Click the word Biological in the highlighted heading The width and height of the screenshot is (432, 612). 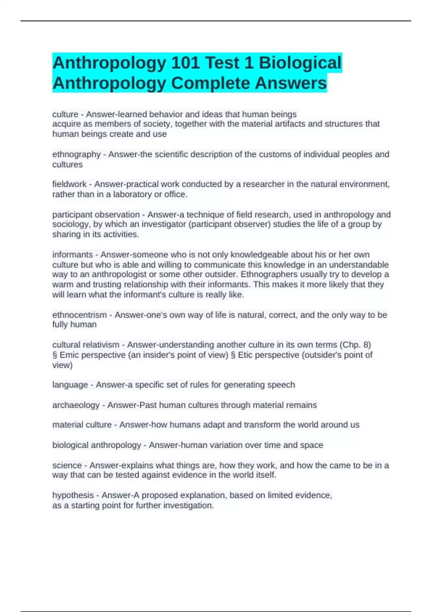(x=300, y=63)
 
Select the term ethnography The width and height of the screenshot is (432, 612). (x=76, y=154)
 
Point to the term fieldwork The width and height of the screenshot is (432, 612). (x=69, y=184)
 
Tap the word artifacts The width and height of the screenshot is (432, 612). (x=291, y=124)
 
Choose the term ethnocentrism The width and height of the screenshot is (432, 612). (x=80, y=315)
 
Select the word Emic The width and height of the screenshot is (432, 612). (x=69, y=355)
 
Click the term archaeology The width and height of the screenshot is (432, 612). (x=76, y=405)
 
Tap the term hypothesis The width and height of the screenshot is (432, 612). (x=73, y=495)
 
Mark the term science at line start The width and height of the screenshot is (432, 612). (x=67, y=465)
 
